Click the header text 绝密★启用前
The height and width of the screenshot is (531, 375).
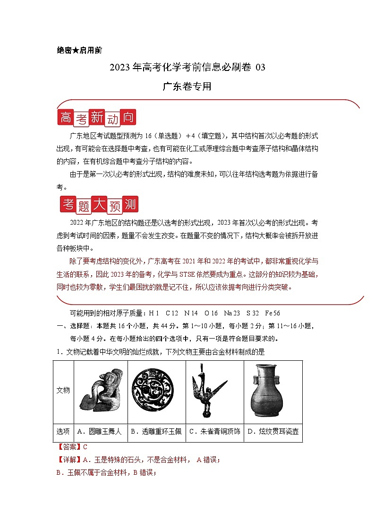[x=79, y=51]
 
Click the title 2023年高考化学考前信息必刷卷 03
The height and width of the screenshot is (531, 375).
[x=187, y=67]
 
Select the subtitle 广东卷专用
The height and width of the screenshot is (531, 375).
[x=187, y=87]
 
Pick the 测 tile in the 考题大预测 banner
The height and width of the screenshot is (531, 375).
[x=129, y=204]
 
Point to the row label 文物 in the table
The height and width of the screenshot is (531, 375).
[x=63, y=390]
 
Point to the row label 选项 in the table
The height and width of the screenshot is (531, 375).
[x=63, y=431]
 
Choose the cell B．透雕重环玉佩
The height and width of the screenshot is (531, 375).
[x=156, y=431]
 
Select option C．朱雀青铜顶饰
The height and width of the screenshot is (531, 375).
[x=214, y=431]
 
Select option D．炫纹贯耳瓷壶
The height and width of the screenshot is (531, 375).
[x=273, y=431]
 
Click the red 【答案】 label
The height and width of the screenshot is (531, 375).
[x=69, y=447]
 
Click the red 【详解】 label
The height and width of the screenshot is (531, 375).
[x=69, y=459]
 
